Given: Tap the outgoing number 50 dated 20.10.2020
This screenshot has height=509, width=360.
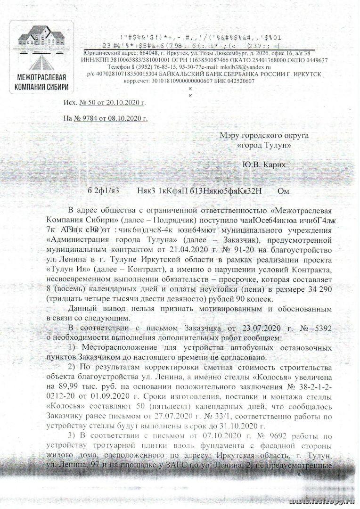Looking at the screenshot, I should pos(111,102).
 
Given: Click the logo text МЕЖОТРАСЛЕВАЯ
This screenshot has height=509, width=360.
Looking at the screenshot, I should pos(41,78).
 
